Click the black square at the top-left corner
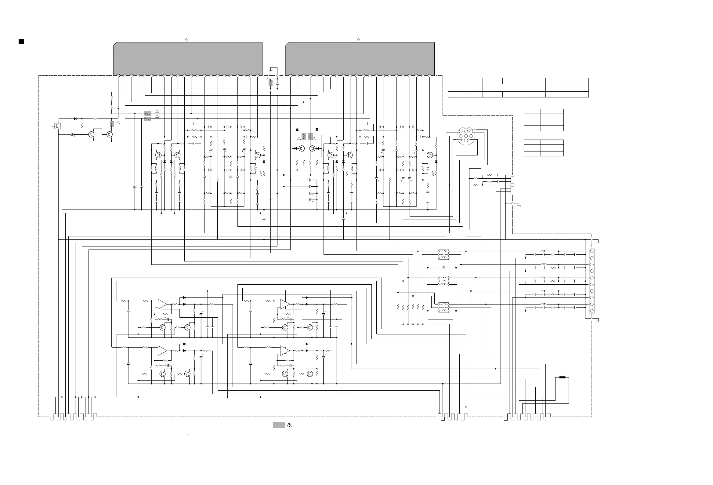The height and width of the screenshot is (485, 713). point(21,42)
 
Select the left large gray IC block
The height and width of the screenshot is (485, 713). point(188,58)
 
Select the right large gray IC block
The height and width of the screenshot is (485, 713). point(360,58)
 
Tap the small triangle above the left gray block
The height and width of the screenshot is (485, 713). point(186,40)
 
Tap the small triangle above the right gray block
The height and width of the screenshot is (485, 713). point(358,40)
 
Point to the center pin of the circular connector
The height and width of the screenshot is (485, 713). point(466,136)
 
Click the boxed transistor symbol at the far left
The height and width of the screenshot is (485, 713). point(57,126)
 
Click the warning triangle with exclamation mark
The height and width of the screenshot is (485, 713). point(289,425)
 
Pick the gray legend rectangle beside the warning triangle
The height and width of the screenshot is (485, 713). point(279,425)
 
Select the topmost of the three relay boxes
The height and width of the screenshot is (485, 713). point(443,254)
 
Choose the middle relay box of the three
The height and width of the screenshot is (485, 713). point(443,281)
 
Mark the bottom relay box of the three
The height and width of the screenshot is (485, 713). point(443,307)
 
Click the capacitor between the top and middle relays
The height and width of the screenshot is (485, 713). point(443,268)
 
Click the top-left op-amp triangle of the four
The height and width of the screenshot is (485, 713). point(162,304)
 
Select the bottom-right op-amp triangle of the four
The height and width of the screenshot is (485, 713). point(284,350)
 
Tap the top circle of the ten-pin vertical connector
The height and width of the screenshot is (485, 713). point(592,251)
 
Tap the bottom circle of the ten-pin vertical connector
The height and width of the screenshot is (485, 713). point(592,311)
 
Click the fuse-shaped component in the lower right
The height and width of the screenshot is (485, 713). point(562,377)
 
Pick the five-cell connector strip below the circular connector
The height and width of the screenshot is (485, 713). point(512,185)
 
